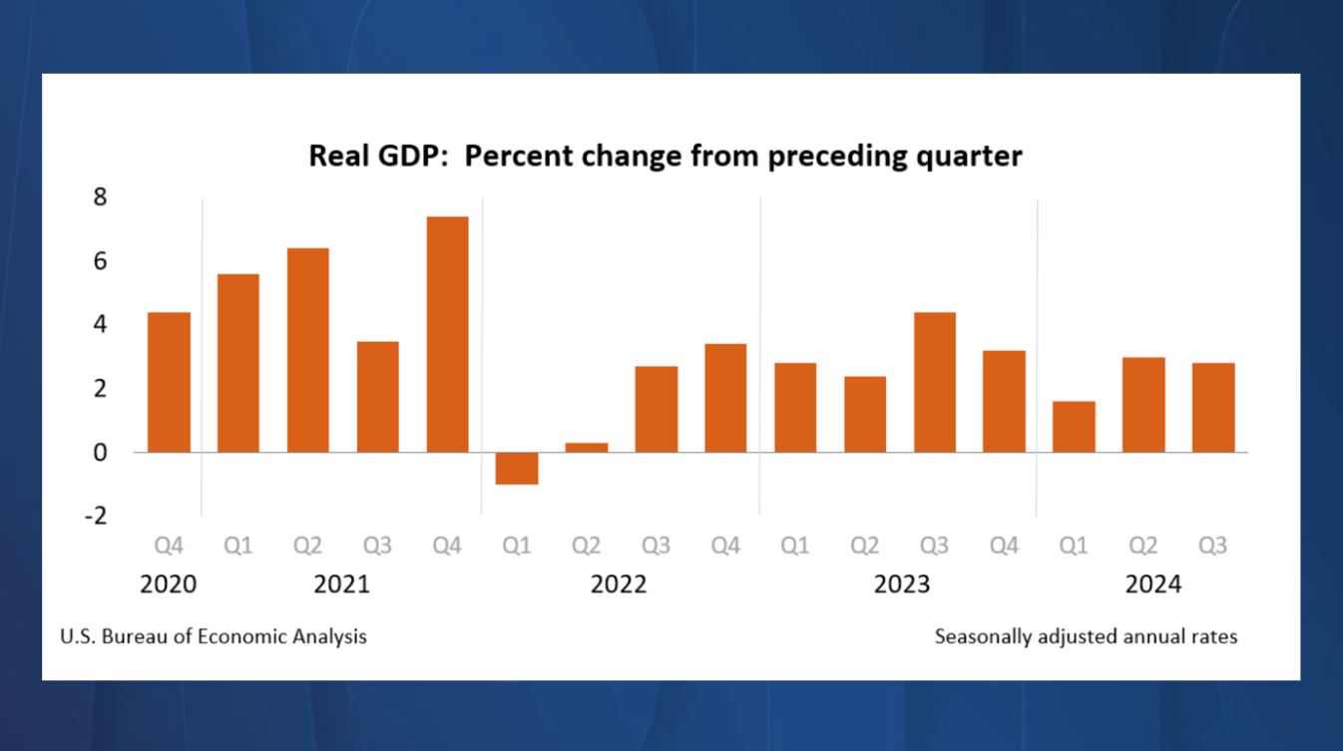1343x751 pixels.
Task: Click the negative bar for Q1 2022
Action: (x=517, y=469)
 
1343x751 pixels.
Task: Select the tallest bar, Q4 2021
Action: (x=447, y=334)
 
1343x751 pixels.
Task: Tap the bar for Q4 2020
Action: (x=169, y=382)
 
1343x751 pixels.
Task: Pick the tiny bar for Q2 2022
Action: (x=587, y=448)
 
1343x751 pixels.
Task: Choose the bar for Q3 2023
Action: (x=934, y=382)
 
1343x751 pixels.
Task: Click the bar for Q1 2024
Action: (x=1074, y=427)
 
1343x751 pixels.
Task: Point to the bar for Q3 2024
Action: (x=1213, y=407)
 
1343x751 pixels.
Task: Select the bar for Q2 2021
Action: (x=307, y=350)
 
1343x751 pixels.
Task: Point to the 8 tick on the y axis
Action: (x=100, y=197)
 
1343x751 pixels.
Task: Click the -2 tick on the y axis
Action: (x=95, y=516)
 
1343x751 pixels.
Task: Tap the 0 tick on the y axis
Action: (x=100, y=452)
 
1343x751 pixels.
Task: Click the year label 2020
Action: (x=168, y=584)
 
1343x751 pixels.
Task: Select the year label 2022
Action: (x=619, y=584)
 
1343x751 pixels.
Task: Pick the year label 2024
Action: (x=1152, y=584)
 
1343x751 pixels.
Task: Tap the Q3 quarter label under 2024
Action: (x=1212, y=546)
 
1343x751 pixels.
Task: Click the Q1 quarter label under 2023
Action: (x=794, y=546)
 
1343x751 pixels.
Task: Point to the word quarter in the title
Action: (x=974, y=157)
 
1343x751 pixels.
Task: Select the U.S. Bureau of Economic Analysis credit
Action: (x=214, y=636)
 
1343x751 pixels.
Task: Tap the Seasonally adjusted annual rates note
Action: (x=1086, y=636)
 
